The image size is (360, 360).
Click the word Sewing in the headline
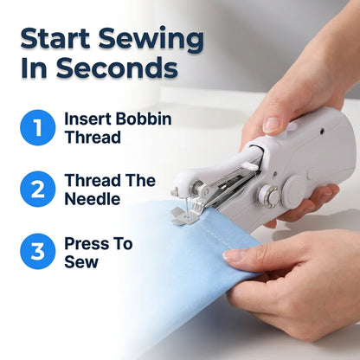151,40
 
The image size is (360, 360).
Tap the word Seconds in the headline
117,67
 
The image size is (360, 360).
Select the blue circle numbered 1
37,127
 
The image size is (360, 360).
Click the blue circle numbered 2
37,190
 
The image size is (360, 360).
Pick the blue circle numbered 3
37,251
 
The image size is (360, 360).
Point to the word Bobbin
144,119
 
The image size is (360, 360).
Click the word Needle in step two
93,199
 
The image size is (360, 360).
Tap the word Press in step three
86,244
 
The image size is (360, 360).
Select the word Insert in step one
87,119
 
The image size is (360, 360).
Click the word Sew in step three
81,262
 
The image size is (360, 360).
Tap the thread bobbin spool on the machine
268,195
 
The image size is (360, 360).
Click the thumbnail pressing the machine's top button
272,125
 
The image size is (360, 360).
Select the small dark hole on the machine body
322,132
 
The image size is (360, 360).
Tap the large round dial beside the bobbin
292,191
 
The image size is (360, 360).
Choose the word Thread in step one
93,138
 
